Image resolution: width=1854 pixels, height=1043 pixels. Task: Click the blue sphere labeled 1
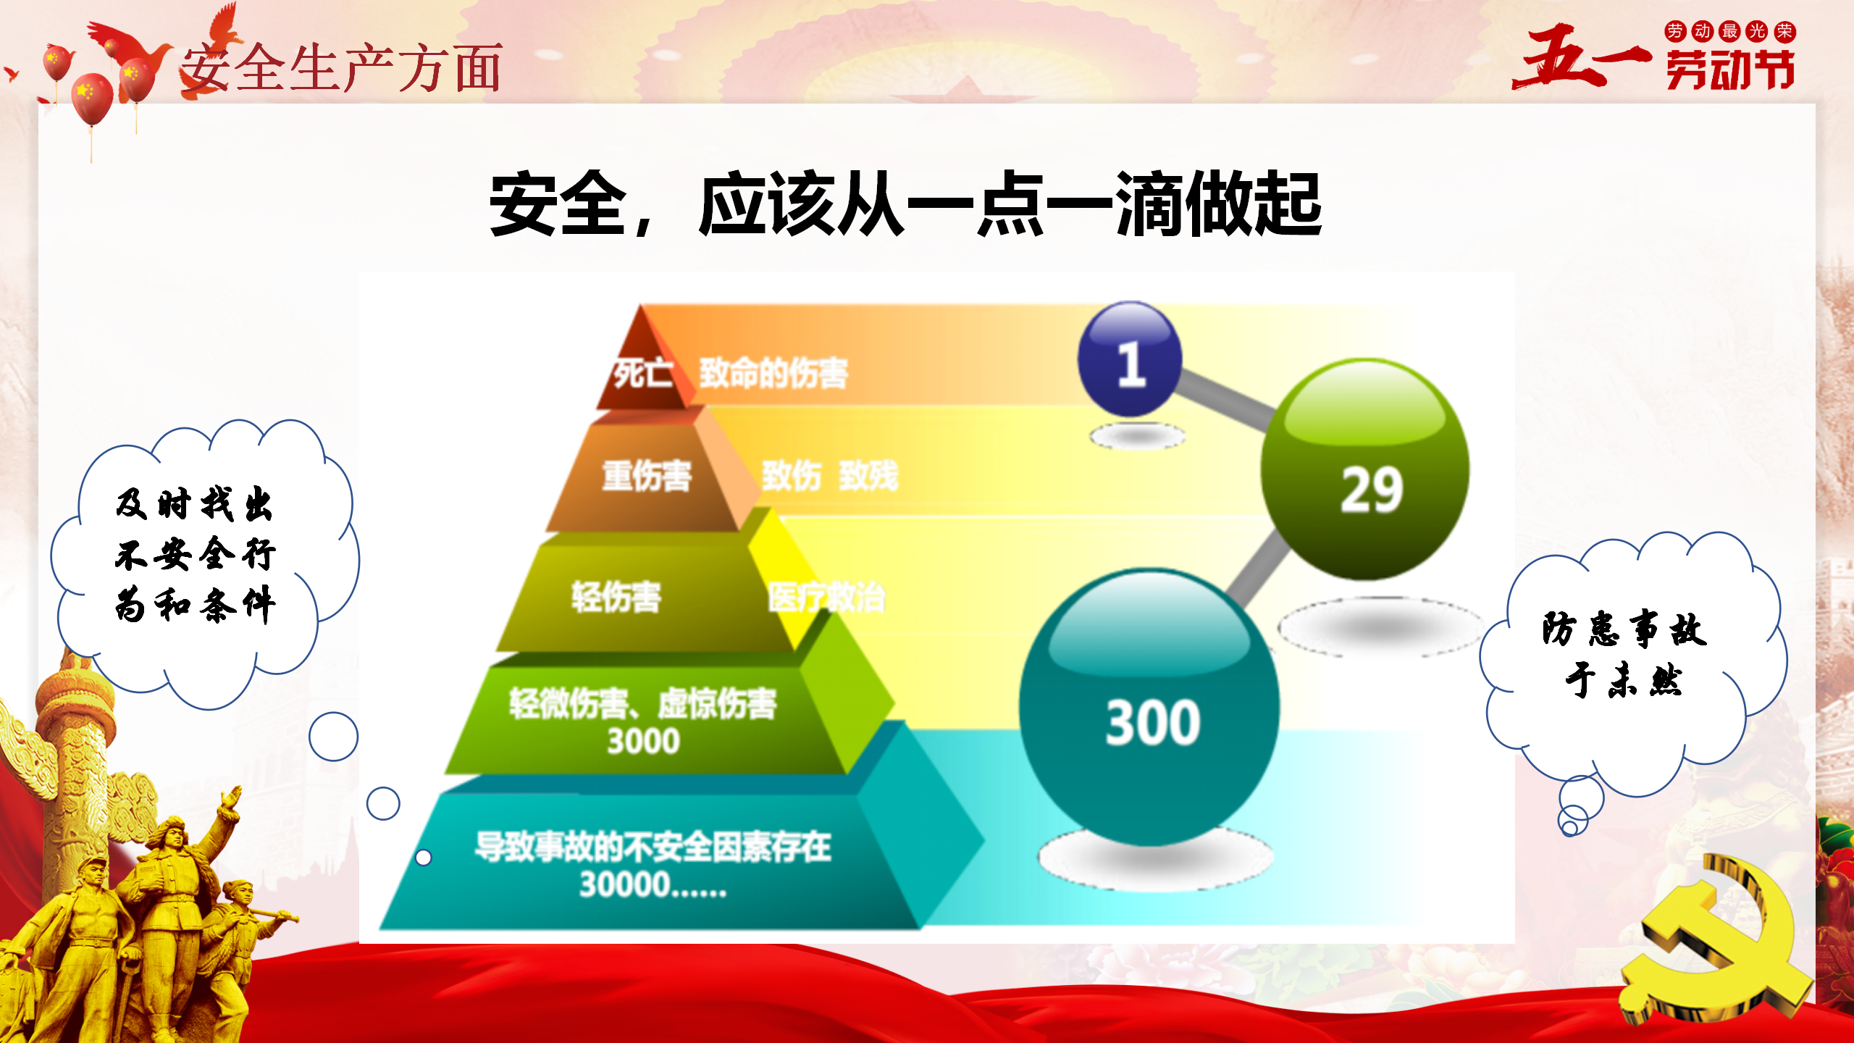click(x=1130, y=359)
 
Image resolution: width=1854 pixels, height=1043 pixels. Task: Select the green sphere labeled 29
click(x=1365, y=469)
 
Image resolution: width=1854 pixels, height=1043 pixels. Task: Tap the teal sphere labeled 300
click(x=1149, y=707)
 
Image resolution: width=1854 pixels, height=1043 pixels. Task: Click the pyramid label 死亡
click(x=643, y=374)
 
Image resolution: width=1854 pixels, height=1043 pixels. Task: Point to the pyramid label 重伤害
click(x=647, y=477)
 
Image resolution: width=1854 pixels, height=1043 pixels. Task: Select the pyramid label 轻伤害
click(x=616, y=597)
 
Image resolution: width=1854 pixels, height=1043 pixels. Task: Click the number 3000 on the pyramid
click(x=643, y=741)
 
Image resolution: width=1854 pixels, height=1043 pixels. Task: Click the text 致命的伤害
click(x=773, y=374)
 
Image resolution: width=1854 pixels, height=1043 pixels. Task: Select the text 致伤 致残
click(x=830, y=476)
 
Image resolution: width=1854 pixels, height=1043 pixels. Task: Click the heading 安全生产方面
click(x=341, y=68)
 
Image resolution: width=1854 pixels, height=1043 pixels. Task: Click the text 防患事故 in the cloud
click(x=1624, y=629)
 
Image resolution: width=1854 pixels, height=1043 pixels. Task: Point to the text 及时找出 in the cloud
click(x=194, y=503)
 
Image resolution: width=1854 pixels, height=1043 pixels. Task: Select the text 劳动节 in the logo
click(x=1730, y=70)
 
